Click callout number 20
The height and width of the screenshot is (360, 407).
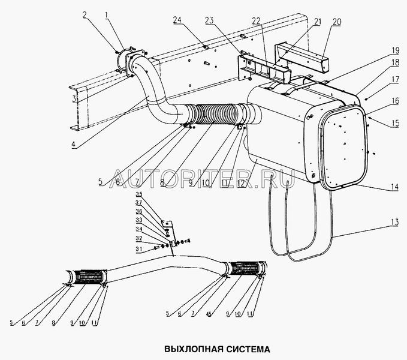click(337, 22)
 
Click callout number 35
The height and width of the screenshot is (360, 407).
click(139, 195)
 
